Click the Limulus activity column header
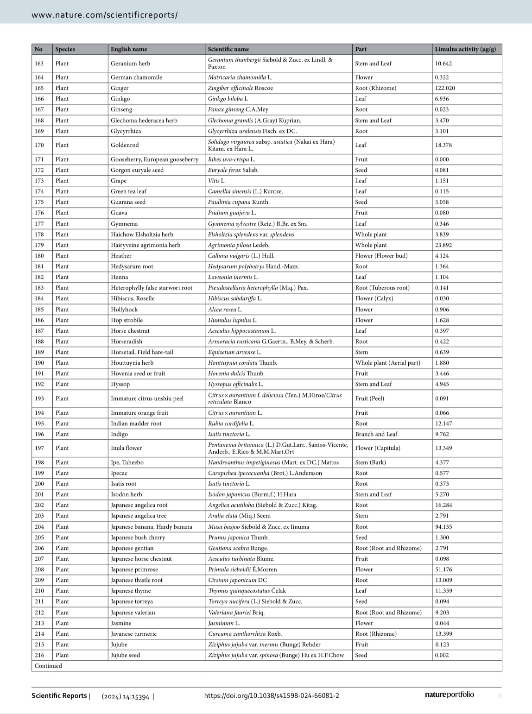[x=465, y=49]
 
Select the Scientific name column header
[x=228, y=49]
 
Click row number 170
[x=39, y=145]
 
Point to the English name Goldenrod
[x=125, y=145]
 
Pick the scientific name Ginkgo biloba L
[x=228, y=99]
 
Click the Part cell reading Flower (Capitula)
[x=378, y=448]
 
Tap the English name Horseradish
[x=127, y=341]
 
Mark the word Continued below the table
[x=48, y=666]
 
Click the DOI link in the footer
[x=271, y=695]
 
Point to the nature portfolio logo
[x=449, y=695]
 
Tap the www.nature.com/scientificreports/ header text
[x=104, y=15]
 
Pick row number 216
[x=39, y=655]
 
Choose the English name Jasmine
[x=121, y=623]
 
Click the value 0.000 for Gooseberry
[x=442, y=159]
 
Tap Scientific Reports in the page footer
[x=59, y=695]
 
